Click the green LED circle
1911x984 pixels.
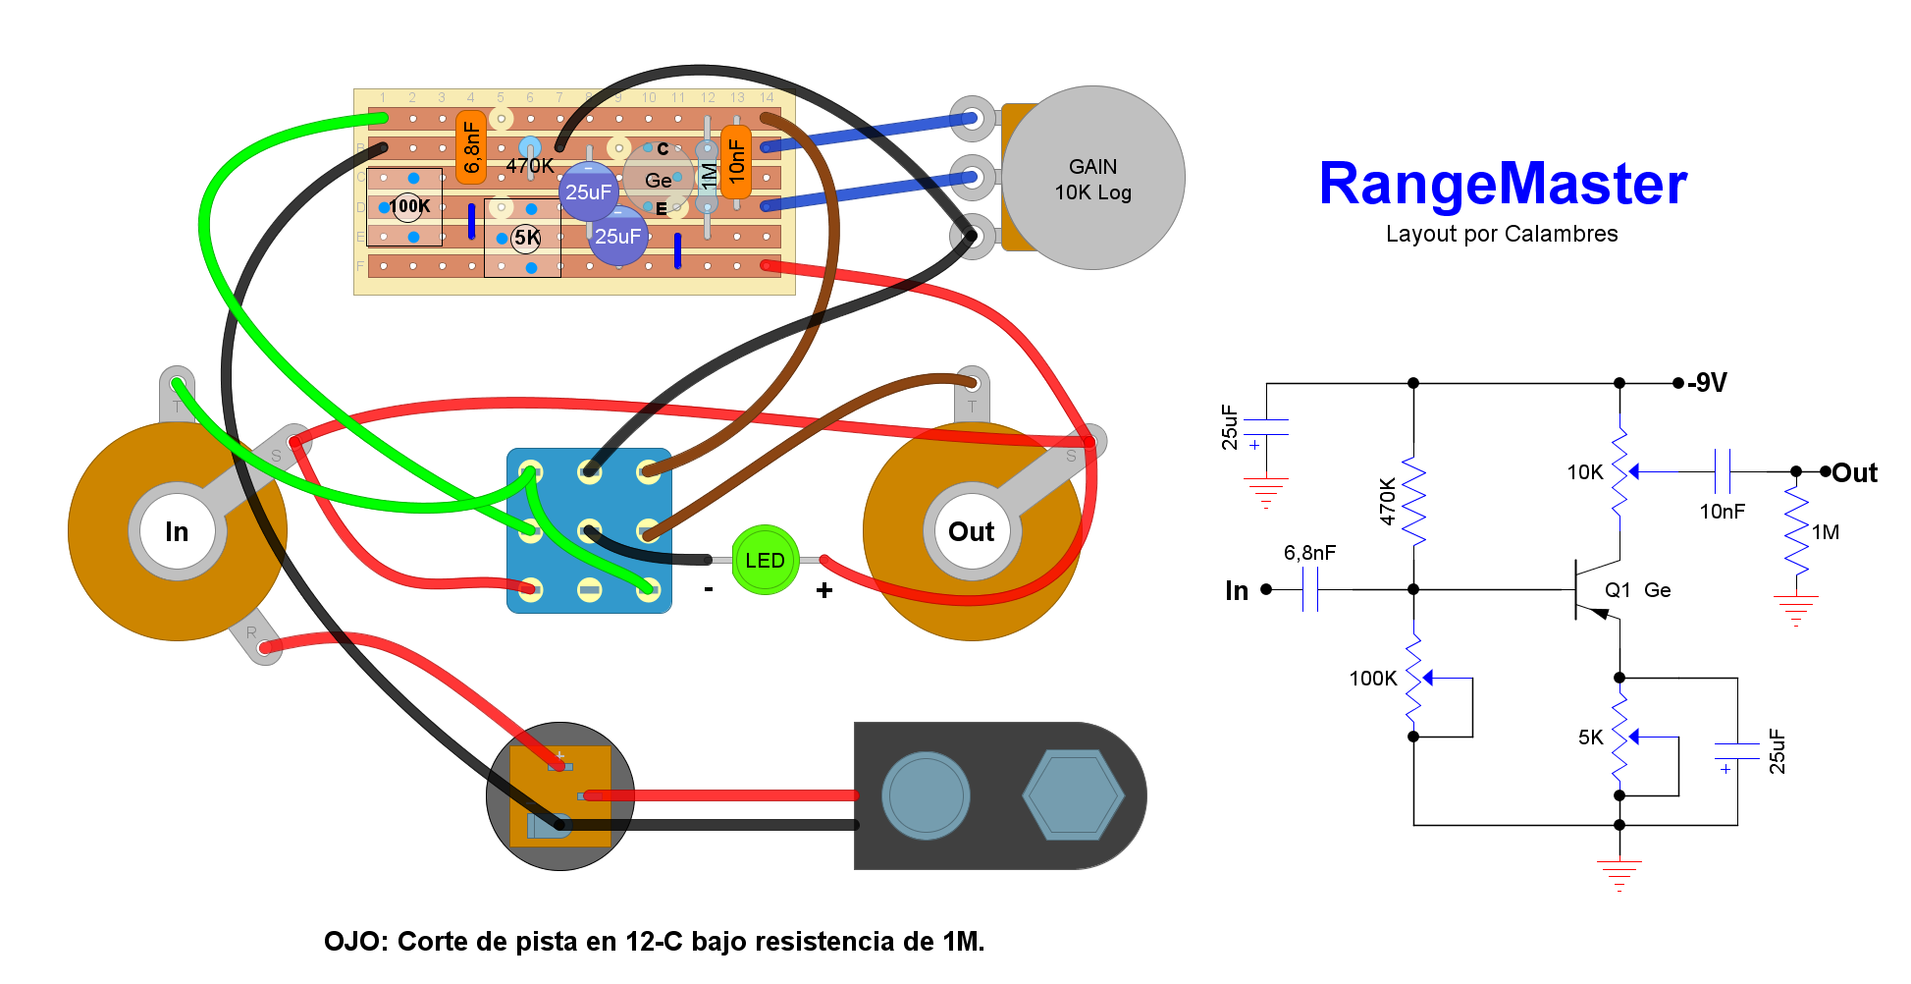coord(765,560)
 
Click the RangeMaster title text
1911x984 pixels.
coord(1502,184)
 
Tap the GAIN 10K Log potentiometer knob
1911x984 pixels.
coord(1092,179)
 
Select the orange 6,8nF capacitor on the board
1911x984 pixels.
coord(471,147)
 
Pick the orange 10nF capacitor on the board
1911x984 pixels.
coord(736,161)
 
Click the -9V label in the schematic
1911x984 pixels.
coord(1708,383)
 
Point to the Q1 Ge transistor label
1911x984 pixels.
coord(1637,590)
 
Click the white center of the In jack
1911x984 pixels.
coord(177,531)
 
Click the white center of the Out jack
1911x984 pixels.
coord(971,531)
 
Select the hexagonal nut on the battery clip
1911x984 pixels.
coord(1073,795)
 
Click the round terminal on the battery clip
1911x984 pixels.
coord(926,795)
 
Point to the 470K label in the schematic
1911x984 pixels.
coord(1388,501)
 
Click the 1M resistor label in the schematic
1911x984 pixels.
coord(1826,532)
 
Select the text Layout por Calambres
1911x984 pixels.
coord(1502,234)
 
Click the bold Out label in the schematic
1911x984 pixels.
coord(1854,473)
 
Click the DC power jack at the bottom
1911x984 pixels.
coord(560,796)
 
